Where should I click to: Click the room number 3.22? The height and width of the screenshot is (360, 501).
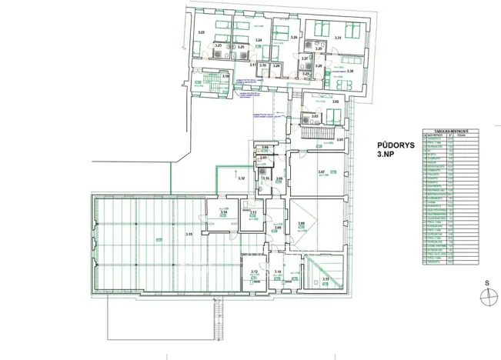pyautogui.click(x=201, y=32)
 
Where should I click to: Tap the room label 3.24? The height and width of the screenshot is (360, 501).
pyautogui.click(x=259, y=40)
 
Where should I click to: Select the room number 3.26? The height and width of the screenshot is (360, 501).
pyautogui.click(x=294, y=38)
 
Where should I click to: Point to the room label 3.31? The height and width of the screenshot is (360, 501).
pyautogui.click(x=338, y=38)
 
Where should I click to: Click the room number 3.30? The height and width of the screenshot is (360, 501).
pyautogui.click(x=350, y=72)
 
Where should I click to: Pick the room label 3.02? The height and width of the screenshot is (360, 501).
pyautogui.click(x=335, y=102)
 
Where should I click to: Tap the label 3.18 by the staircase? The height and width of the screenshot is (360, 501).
pyautogui.click(x=225, y=76)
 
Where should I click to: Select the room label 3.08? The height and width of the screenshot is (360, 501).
pyautogui.click(x=302, y=223)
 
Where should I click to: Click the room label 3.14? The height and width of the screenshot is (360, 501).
pyautogui.click(x=224, y=212)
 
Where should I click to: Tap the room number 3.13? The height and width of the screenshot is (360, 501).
pyautogui.click(x=252, y=212)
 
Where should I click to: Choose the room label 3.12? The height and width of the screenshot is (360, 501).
pyautogui.click(x=254, y=272)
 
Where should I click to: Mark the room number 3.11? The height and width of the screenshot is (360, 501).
pyautogui.click(x=326, y=279)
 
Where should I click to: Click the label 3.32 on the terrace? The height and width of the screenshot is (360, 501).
pyautogui.click(x=241, y=178)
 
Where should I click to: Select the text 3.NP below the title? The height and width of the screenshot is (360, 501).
pyautogui.click(x=385, y=155)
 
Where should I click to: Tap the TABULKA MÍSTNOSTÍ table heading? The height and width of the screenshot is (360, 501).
pyautogui.click(x=439, y=130)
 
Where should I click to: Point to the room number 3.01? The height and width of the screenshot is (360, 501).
pyautogui.click(x=340, y=140)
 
